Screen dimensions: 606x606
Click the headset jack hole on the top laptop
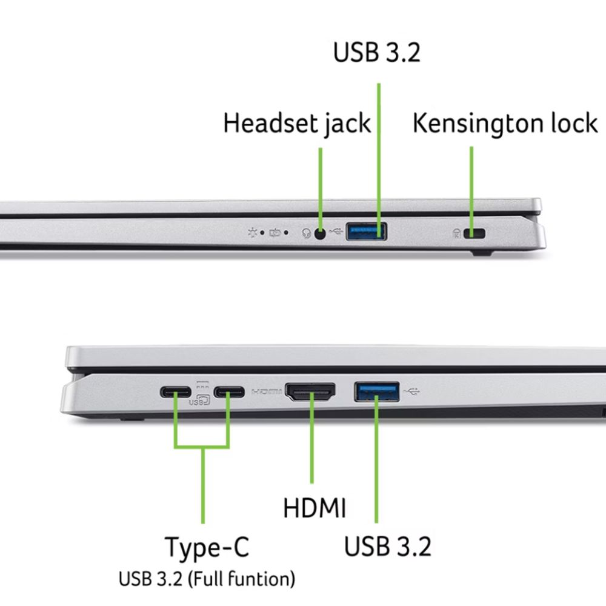(x=320, y=233)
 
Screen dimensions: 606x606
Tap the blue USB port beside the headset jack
(x=367, y=231)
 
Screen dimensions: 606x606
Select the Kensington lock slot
(x=474, y=233)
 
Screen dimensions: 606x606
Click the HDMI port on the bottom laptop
(x=310, y=391)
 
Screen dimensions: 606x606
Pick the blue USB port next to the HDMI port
(x=377, y=391)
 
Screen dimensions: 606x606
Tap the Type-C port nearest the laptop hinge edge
(x=176, y=392)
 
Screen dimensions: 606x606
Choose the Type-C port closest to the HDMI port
(x=229, y=392)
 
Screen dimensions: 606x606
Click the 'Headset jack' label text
(x=297, y=124)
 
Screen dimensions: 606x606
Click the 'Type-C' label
(x=207, y=547)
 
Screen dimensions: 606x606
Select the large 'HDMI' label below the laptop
(x=315, y=507)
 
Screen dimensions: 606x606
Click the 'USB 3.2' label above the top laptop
(x=376, y=52)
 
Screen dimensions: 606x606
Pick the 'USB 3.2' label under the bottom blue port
(x=387, y=547)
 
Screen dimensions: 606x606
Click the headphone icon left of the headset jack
(x=307, y=233)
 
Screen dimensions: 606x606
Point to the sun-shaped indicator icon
(x=253, y=232)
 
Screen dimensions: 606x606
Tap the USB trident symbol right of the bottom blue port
(x=411, y=392)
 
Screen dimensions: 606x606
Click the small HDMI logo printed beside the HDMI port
(x=267, y=392)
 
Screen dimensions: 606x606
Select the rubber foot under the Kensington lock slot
(x=481, y=253)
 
